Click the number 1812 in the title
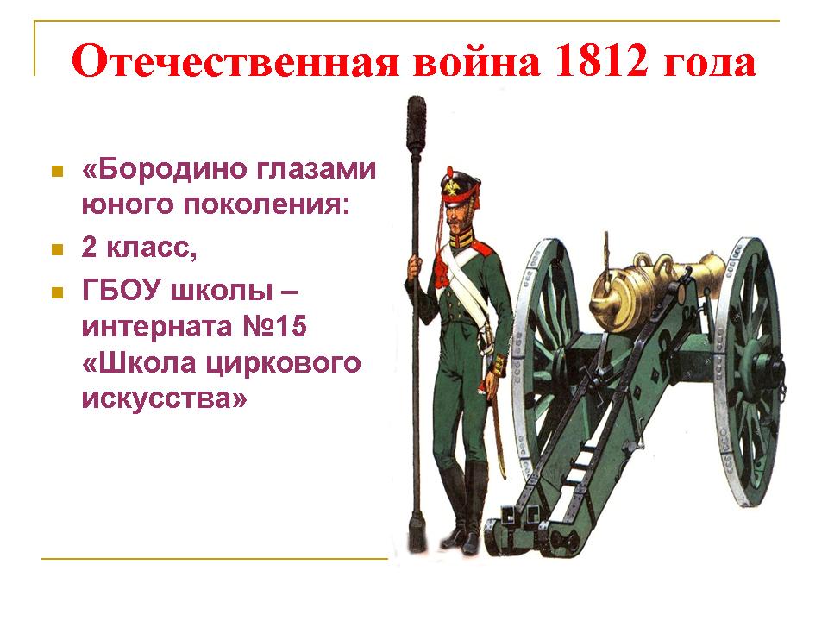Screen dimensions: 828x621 (601, 60)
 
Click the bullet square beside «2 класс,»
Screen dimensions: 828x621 (57, 249)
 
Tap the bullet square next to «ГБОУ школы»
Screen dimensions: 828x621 (57, 292)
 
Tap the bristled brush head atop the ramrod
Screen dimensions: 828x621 (416, 126)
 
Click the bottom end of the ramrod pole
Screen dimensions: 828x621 (417, 547)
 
